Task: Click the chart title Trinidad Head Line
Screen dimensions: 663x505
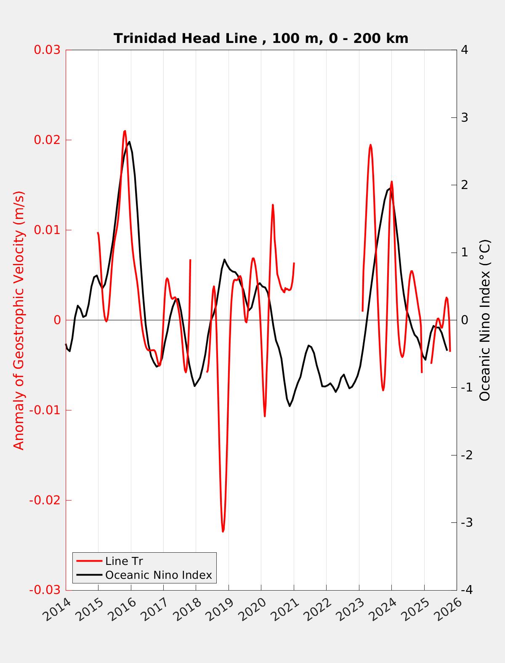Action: (x=261, y=38)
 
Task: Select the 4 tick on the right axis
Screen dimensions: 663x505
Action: (x=465, y=50)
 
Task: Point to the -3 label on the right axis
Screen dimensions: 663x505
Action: (x=467, y=522)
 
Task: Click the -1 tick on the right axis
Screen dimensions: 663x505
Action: (x=467, y=387)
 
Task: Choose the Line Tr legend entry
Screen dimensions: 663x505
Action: (x=124, y=561)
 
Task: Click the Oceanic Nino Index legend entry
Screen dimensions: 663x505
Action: (x=158, y=575)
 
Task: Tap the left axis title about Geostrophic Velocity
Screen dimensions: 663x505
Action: (x=19, y=320)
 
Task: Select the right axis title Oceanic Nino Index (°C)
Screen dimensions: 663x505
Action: (x=485, y=320)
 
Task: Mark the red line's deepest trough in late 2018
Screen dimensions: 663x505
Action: (x=223, y=531)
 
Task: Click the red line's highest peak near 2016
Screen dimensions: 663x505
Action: (x=125, y=131)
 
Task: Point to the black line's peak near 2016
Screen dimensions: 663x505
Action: (x=129, y=142)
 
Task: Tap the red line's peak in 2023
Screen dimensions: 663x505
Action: (x=370, y=145)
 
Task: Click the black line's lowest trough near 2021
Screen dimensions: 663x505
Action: (x=290, y=406)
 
